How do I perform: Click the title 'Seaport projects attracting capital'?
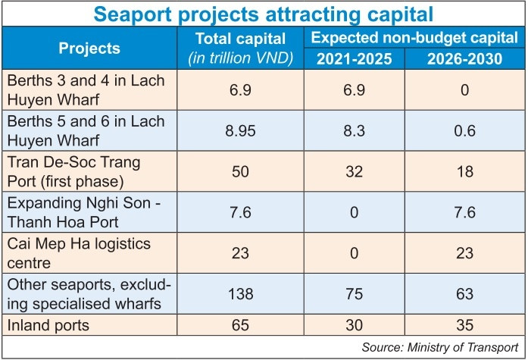[264, 14]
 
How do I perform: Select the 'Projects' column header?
[89, 48]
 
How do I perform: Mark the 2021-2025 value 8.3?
[347, 130]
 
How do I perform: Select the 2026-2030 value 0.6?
[459, 130]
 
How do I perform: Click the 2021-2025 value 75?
[347, 293]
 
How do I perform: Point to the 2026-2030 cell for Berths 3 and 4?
[459, 89]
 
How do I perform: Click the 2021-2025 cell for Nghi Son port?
[347, 211]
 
